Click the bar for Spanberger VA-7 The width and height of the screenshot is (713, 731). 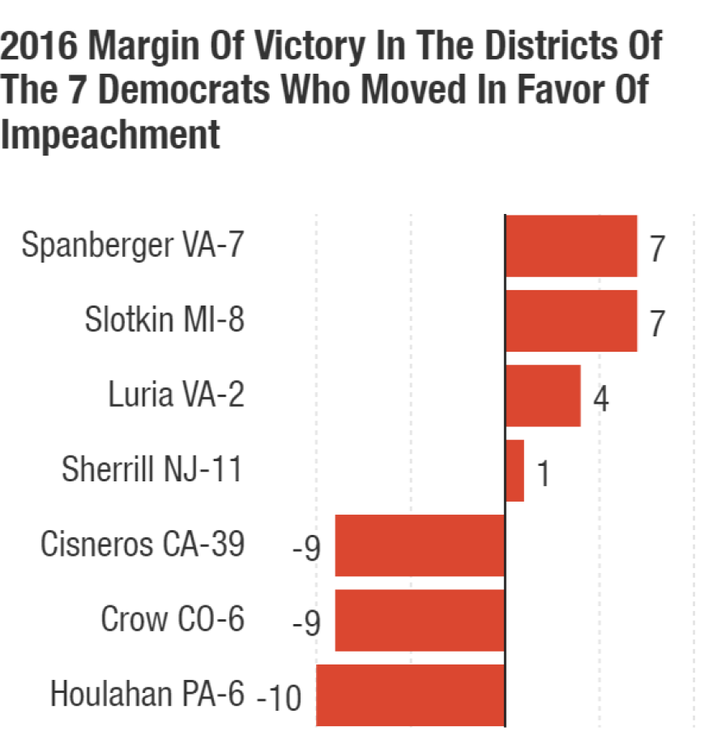coord(571,246)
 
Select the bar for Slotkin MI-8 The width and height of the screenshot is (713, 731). coord(571,320)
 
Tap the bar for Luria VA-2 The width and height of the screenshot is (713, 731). coord(543,395)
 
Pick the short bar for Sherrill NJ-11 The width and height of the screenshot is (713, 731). coord(514,470)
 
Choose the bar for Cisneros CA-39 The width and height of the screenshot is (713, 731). coord(420,545)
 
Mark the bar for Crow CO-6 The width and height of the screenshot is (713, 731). coord(420,620)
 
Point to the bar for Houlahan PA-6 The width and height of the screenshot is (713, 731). coord(410,695)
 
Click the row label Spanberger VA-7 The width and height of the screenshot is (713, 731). coord(132,246)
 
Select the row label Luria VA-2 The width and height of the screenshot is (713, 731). coord(176,395)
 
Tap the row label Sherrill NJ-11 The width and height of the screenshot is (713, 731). coord(152,469)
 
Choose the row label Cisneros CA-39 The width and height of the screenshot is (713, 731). coord(142,544)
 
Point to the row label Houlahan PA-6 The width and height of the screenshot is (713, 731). coord(147,694)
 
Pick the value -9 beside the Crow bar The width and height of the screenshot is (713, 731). coord(307,623)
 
